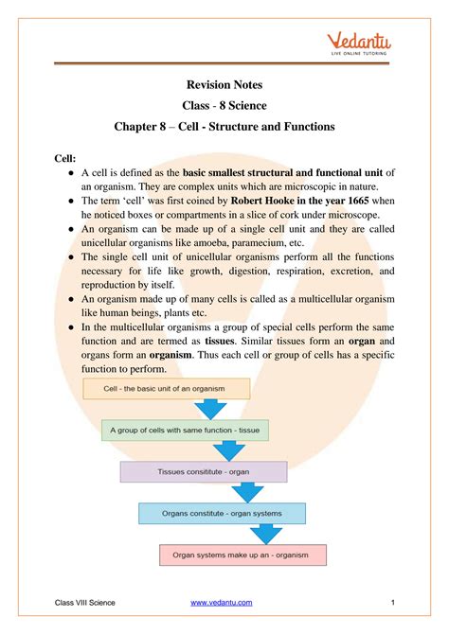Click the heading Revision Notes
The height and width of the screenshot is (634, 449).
pyautogui.click(x=224, y=86)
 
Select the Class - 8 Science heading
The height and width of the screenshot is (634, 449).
pyautogui.click(x=224, y=106)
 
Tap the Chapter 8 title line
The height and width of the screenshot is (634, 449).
pyautogui.click(x=224, y=126)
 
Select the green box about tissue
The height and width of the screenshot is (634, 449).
pyautogui.click(x=185, y=430)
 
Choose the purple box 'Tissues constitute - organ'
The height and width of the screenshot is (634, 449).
pyautogui.click(x=204, y=471)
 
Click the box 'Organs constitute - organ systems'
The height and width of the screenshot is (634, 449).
pyautogui.click(x=223, y=513)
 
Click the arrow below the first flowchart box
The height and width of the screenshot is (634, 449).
pyautogui.click(x=210, y=409)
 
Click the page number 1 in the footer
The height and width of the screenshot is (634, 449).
pyautogui.click(x=391, y=604)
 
